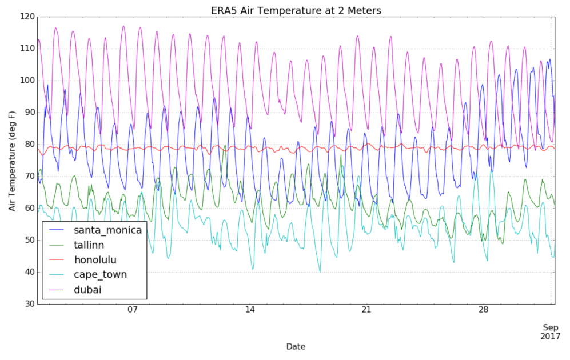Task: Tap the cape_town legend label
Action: click(100, 274)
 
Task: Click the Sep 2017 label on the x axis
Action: click(549, 331)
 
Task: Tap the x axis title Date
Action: click(296, 346)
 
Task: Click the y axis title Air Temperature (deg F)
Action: click(12, 160)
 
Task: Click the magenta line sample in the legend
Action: click(58, 290)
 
